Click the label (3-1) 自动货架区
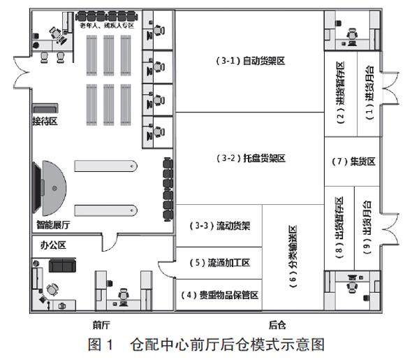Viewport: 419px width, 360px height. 249,61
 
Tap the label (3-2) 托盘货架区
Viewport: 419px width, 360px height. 249,159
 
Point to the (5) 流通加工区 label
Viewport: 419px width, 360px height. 219,263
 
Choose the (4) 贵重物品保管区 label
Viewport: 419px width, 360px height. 219,295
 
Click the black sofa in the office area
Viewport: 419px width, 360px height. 62,265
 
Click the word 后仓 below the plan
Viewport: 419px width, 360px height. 278,324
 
